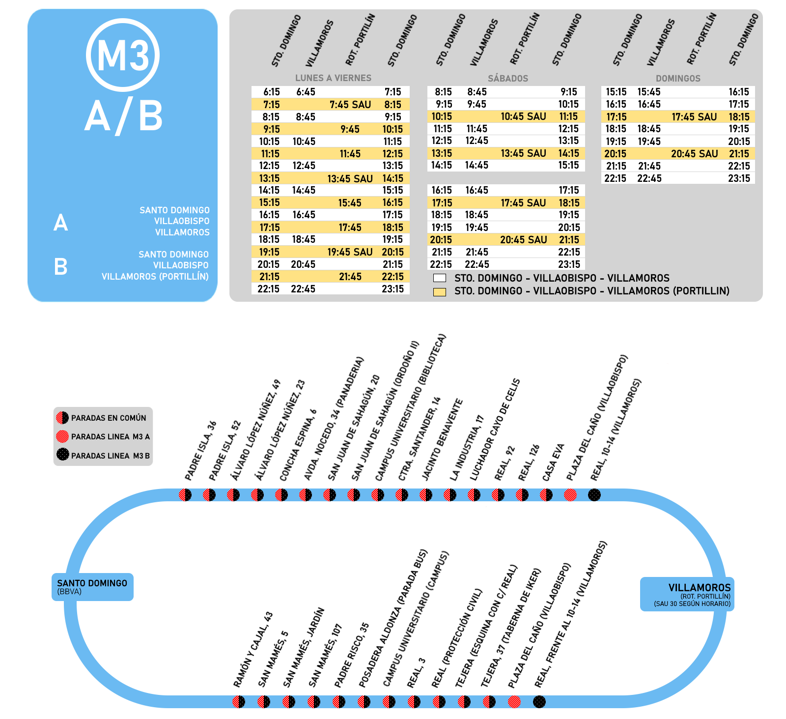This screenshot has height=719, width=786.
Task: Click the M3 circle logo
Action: [x=123, y=55]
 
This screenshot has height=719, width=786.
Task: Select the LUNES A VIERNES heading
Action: [x=333, y=78]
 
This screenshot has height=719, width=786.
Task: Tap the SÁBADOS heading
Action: [x=508, y=78]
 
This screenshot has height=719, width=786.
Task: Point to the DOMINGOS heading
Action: [x=678, y=78]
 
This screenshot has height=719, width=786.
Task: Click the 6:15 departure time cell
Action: [x=271, y=92]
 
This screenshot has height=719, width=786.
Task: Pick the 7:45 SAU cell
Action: [x=350, y=105]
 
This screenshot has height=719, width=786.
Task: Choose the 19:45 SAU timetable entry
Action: [x=350, y=252]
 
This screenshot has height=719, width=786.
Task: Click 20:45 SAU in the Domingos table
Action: [x=694, y=154]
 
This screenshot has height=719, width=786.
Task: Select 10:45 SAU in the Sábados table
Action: [x=523, y=116]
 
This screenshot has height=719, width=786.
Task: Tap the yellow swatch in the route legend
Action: [x=440, y=292]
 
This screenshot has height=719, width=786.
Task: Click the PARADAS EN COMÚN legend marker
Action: [x=62, y=418]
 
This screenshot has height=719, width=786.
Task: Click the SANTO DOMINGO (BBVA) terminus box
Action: [x=92, y=587]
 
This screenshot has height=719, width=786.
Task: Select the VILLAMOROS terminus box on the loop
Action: [x=687, y=594]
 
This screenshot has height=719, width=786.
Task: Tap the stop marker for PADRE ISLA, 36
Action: [x=185, y=495]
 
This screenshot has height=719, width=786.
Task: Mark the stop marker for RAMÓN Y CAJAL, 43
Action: [x=239, y=702]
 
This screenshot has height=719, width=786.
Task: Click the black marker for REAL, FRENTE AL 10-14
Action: [x=539, y=702]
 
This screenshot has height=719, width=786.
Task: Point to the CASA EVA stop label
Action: [x=554, y=462]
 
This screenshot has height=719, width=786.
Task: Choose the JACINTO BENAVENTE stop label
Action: [x=443, y=439]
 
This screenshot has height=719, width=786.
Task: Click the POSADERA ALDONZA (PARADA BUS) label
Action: [x=393, y=618]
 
